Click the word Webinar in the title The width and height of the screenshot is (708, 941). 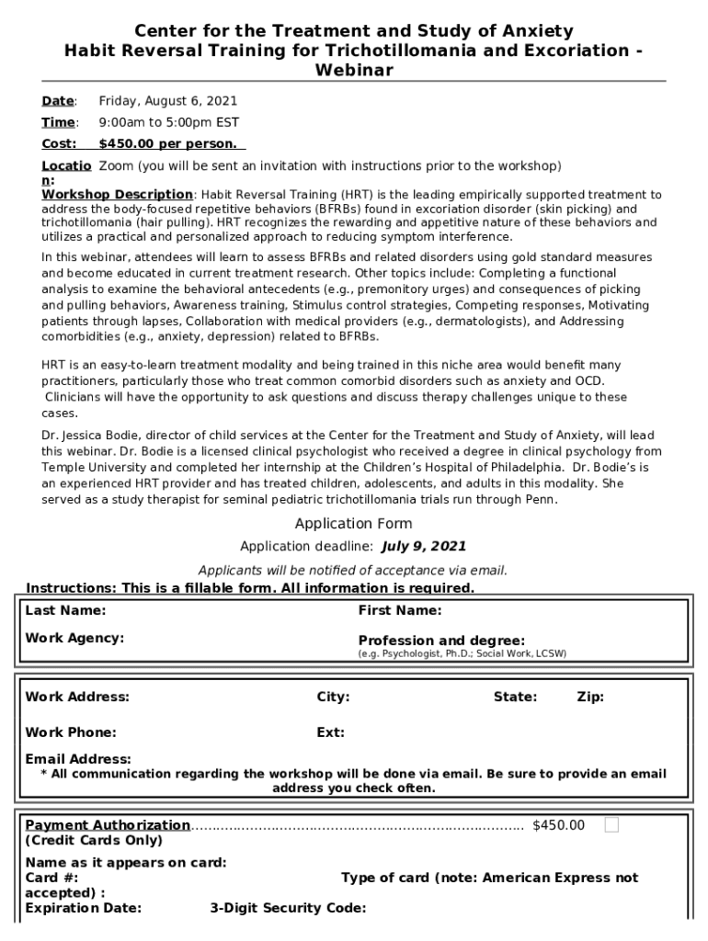[354, 71]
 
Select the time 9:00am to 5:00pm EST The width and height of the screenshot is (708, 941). [169, 122]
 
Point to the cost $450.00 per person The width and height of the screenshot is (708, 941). [167, 143]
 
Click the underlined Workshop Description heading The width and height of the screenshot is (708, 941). [117, 195]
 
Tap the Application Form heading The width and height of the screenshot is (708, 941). [353, 524]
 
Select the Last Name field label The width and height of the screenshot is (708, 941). [65, 610]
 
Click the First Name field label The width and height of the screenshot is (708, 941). [400, 610]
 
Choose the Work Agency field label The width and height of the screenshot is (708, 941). [74, 638]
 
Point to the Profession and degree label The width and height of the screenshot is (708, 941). [441, 641]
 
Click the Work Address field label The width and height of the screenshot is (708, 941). [77, 697]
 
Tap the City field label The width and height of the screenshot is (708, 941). [333, 697]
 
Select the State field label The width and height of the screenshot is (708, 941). [515, 697]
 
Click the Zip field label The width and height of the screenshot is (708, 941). [590, 697]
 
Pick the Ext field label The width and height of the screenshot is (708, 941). [330, 732]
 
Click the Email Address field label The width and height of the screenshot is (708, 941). [78, 759]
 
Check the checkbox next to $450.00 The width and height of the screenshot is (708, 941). [611, 825]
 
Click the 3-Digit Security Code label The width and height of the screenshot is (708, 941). [288, 909]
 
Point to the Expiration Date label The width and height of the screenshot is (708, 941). [84, 909]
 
